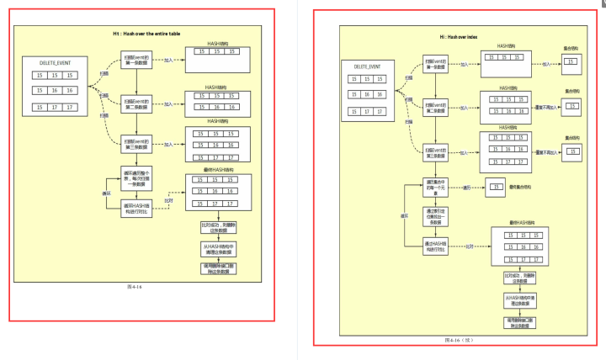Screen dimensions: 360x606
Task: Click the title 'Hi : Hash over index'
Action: [x=459, y=38]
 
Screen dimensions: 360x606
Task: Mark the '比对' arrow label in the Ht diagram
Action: [x=167, y=200]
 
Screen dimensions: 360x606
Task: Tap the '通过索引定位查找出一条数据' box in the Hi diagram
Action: [x=439, y=216]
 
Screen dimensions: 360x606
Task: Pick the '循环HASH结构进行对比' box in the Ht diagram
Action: [x=136, y=207]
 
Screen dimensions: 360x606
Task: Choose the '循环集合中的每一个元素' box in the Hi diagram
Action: [x=439, y=187]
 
